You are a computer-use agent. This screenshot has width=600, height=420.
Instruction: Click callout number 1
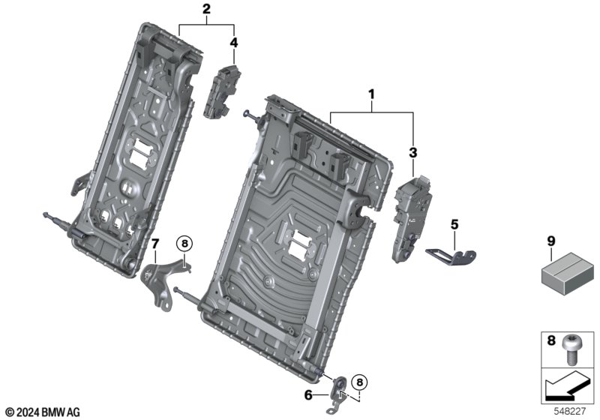tap(370, 95)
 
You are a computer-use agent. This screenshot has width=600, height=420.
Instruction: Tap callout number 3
tap(412, 152)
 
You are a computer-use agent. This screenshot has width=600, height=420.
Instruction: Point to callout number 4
tap(234, 43)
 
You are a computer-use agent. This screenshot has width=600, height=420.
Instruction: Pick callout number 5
tap(454, 223)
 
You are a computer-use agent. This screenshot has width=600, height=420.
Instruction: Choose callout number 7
tap(155, 243)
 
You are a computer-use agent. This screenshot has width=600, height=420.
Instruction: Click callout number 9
tap(551, 241)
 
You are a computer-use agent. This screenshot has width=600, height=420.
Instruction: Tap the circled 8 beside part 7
tap(184, 242)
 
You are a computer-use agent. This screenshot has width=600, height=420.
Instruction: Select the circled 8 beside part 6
tap(361, 382)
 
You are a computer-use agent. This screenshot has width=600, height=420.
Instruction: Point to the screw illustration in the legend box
tap(576, 347)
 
